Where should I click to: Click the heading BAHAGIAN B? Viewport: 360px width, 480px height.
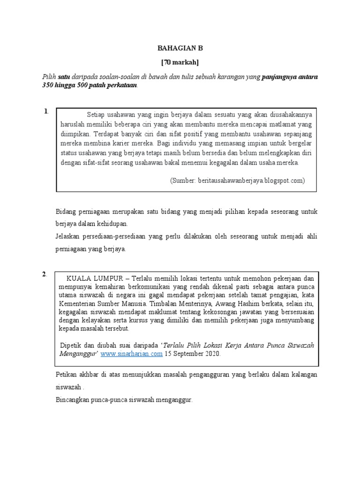[180, 48]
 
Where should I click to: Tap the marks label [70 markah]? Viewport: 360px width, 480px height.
[180, 62]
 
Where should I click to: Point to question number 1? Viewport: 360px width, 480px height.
[45, 112]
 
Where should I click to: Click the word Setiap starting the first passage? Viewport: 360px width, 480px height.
[97, 114]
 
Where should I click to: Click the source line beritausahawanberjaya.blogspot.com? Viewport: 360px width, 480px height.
[238, 180]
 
